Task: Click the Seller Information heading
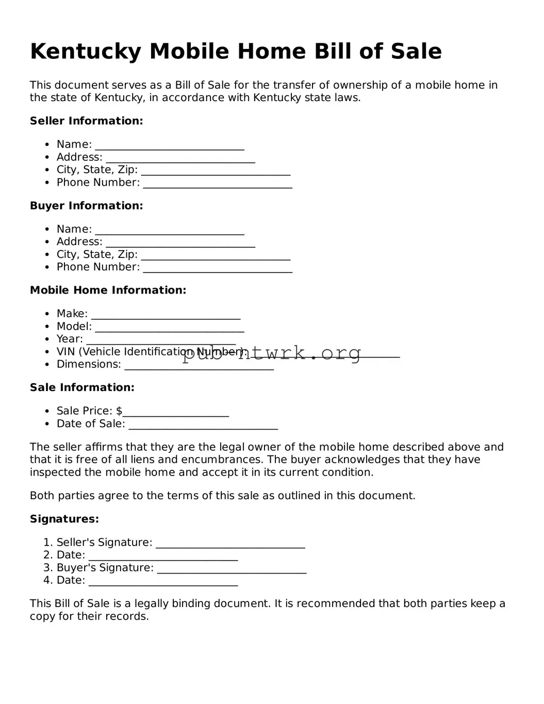(x=86, y=121)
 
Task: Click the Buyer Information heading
(x=86, y=205)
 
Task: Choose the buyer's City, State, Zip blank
(x=215, y=256)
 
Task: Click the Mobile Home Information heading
(x=108, y=290)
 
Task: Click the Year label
(x=70, y=339)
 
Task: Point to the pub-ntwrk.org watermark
(x=272, y=353)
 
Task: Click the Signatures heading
(x=64, y=519)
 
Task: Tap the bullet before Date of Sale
(x=47, y=424)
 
